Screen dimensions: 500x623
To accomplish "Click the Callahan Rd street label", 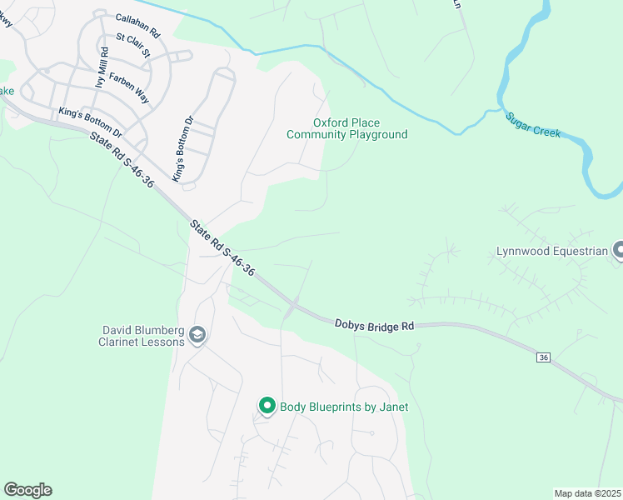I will point(137,25).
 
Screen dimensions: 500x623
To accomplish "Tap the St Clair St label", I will point(133,45).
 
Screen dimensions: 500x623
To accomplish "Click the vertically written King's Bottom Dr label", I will point(182,149).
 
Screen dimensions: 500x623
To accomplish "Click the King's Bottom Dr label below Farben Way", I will point(90,122).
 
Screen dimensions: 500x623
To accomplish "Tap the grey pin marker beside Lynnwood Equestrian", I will point(618,249).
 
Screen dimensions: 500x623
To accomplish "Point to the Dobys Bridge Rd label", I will point(374,324).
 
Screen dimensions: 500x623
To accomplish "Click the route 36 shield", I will point(544,357).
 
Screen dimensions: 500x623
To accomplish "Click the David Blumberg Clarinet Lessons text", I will point(138,336).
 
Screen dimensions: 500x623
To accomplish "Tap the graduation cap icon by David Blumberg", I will point(197,335).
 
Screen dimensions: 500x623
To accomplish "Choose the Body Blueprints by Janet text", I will point(344,407).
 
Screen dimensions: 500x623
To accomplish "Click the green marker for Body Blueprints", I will point(267,406).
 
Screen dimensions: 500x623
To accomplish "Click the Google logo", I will point(28,490).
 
